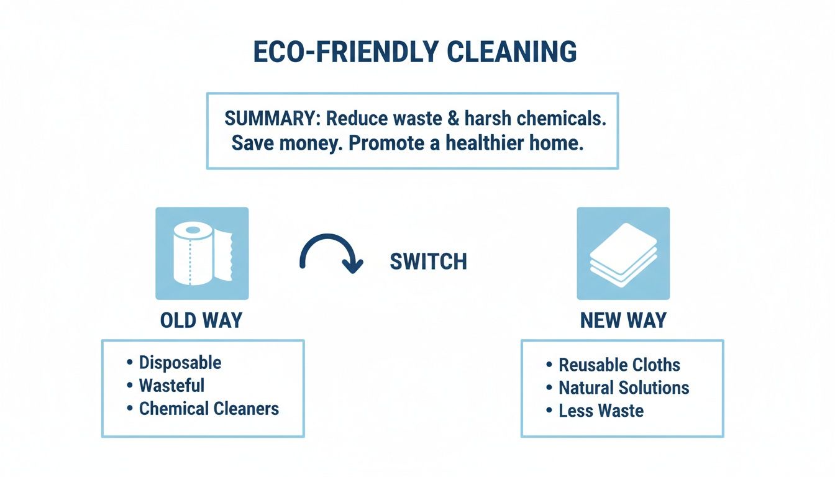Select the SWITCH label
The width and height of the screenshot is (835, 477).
pos(428,261)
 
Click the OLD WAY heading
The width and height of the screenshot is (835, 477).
pos(201,320)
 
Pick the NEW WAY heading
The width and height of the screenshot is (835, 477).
pos(623,320)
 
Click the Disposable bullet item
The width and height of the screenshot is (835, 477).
pos(180,362)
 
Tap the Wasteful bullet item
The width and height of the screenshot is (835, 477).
pos(171,385)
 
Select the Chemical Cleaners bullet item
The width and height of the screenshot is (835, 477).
pos(209,408)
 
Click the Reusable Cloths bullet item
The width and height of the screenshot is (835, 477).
pos(619,365)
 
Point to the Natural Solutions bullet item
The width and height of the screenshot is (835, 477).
pos(624,388)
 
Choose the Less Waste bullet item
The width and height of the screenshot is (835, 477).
pos(601,411)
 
